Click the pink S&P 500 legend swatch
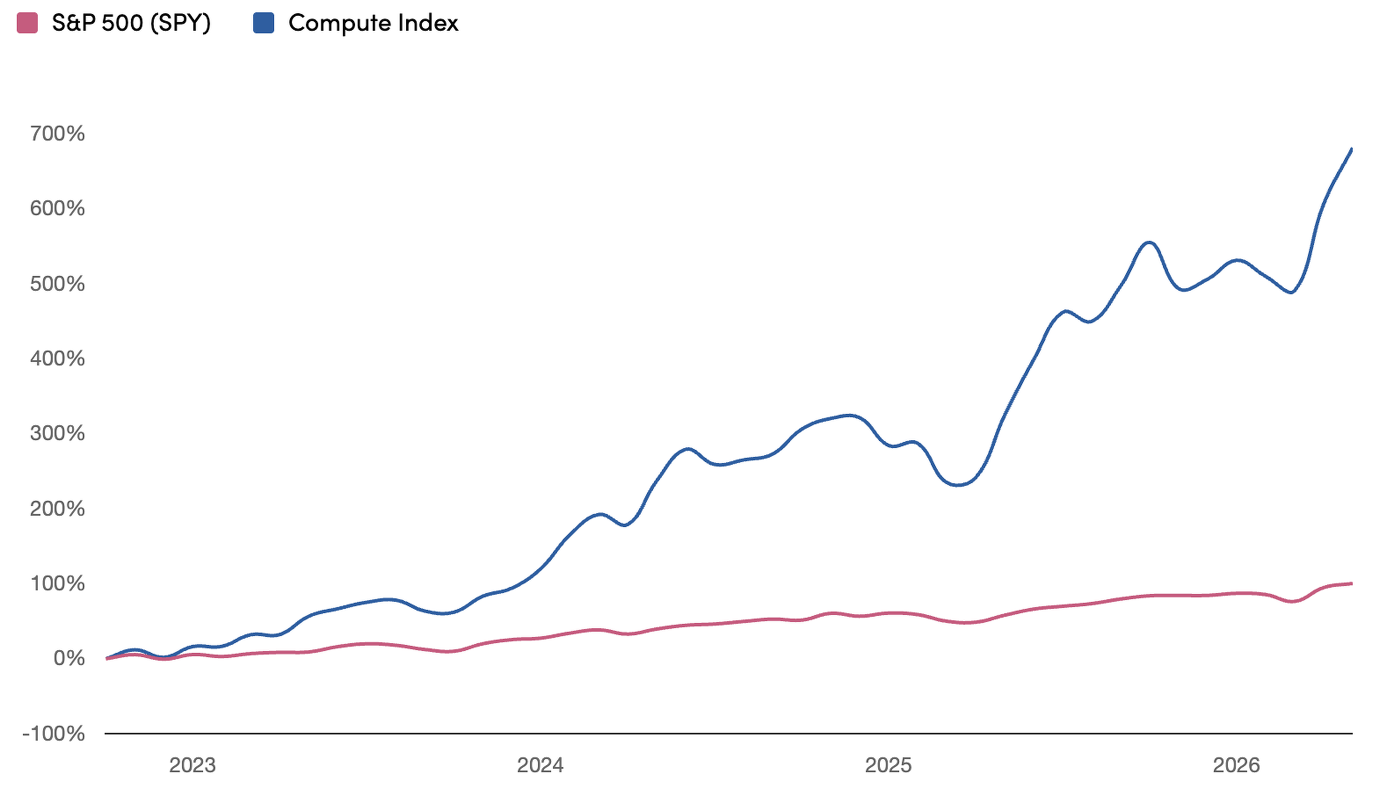pyautogui.click(x=27, y=23)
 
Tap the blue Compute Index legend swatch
pyautogui.click(x=264, y=23)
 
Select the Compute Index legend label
pyautogui.click(x=374, y=23)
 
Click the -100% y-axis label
pyautogui.click(x=54, y=734)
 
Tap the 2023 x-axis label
pyautogui.click(x=192, y=765)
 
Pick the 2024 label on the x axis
pyautogui.click(x=541, y=765)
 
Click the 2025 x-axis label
pyautogui.click(x=889, y=765)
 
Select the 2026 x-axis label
pyautogui.click(x=1237, y=765)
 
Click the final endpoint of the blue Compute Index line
pyautogui.click(x=1352, y=149)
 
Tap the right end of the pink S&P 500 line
pyautogui.click(x=1352, y=583)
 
